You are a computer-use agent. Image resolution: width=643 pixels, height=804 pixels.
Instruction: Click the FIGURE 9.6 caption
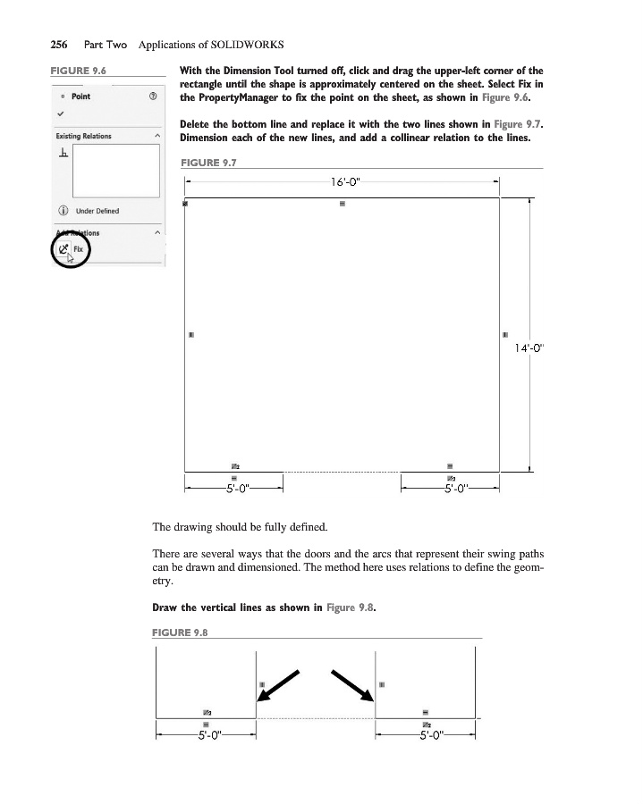click(x=73, y=70)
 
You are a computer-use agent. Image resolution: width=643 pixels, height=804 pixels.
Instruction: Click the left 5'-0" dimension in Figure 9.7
click(x=236, y=489)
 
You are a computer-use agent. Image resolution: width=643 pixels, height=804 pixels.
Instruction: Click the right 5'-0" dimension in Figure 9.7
click(x=450, y=489)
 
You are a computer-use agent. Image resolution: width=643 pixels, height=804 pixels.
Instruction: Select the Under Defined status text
click(x=97, y=211)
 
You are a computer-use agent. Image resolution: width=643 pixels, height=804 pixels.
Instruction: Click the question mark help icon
click(x=154, y=96)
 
